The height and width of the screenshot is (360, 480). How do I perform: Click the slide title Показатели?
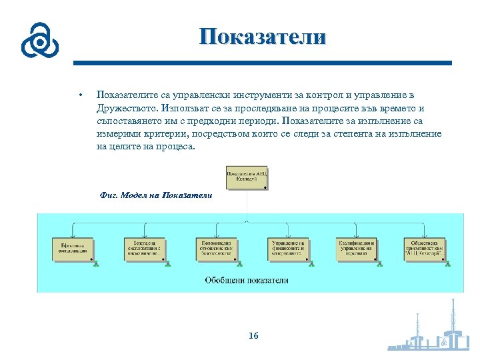[x=263, y=37]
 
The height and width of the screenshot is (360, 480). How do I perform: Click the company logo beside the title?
[x=39, y=41]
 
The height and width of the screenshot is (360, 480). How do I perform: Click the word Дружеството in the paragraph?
[x=127, y=108]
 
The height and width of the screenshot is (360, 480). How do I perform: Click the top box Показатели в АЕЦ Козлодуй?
[x=247, y=177]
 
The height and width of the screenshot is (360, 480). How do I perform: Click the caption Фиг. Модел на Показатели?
[x=155, y=195]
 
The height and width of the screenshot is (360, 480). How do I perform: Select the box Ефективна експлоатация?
[x=73, y=249]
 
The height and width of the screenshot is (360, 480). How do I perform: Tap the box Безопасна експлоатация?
[x=145, y=249]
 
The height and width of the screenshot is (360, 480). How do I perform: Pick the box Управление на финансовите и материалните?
[x=289, y=249]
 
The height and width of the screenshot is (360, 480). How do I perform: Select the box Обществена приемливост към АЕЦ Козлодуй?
[x=425, y=249]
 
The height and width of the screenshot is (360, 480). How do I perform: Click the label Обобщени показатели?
[x=247, y=280]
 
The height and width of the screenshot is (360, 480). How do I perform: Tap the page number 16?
[x=253, y=335]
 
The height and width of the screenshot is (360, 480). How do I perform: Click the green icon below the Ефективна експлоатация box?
[x=96, y=265]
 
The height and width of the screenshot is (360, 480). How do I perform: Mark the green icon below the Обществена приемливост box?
[x=448, y=265]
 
